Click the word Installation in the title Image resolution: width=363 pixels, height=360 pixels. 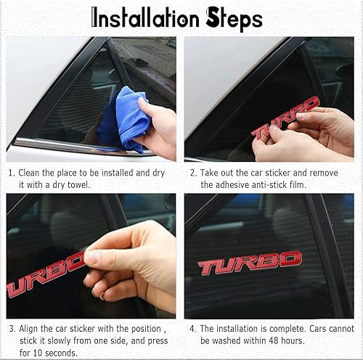[146, 18]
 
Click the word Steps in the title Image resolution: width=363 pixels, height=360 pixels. [234, 19]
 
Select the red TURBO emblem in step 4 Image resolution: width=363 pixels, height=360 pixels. [250, 263]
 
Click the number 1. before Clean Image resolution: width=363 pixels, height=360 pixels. [12, 174]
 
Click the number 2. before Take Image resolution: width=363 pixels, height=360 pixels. [192, 174]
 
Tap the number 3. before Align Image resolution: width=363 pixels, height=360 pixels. [12, 329]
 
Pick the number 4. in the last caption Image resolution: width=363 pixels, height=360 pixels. [192, 329]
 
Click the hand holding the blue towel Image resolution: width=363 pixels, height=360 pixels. [160, 128]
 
